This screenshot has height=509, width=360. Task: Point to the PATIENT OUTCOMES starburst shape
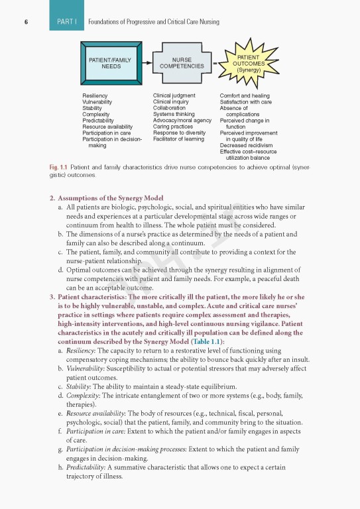coord(248,63)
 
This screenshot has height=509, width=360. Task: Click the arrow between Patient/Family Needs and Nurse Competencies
coord(148,64)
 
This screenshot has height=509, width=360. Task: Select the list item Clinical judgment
coord(174,96)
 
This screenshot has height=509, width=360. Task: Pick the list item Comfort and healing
coord(245,96)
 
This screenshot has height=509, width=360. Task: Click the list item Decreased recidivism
coord(247,145)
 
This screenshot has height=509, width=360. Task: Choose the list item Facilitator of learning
coord(179,139)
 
